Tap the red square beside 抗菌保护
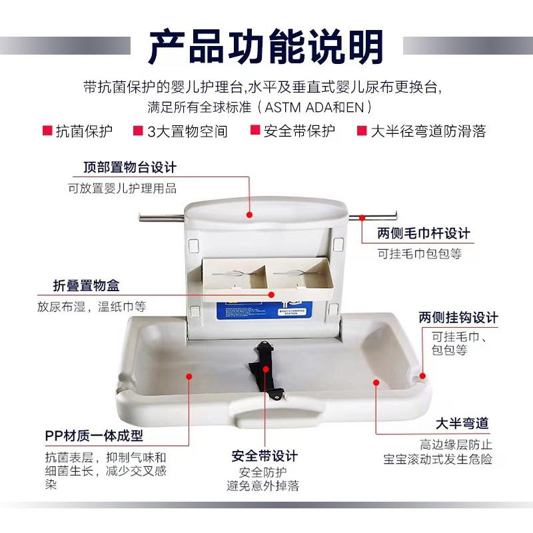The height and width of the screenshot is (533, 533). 47,131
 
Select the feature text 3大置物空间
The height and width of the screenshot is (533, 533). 187,131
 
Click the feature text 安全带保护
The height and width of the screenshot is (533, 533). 299,131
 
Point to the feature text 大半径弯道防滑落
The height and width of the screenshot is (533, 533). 428,131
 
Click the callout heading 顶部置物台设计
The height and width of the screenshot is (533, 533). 130,167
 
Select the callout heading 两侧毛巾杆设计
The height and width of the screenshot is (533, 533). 423,233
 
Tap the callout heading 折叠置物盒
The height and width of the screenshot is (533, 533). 87,286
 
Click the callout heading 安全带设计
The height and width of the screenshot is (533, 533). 265,456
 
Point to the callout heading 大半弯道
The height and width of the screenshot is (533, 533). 462,423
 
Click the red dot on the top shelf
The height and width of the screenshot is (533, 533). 250,215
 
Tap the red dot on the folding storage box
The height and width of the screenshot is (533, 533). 271,292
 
